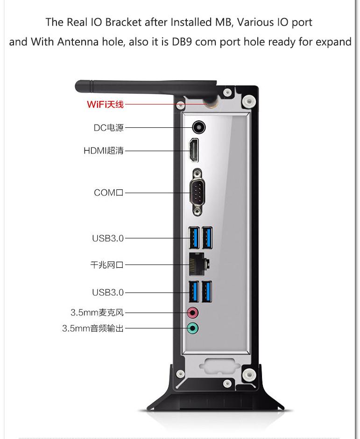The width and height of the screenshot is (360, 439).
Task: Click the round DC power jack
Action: pos(199,128)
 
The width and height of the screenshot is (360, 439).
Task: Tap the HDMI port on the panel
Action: pos(194,150)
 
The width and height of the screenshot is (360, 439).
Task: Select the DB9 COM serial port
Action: pos(198,192)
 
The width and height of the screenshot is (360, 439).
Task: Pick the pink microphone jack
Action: pos(193,313)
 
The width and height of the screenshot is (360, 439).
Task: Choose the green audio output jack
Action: pos(193,328)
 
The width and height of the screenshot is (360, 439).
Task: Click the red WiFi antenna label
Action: pos(106,105)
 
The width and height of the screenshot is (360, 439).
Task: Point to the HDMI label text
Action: pos(104,151)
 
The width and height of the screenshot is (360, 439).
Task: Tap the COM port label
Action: pos(109,193)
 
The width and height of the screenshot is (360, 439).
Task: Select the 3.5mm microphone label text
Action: pos(97,313)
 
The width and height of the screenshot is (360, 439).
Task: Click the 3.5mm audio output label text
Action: pos(93,328)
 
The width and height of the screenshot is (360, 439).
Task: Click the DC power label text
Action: pos(109,128)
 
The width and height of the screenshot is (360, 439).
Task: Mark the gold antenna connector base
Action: pos(212,104)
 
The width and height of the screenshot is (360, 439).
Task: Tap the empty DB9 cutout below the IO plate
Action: pos(220,366)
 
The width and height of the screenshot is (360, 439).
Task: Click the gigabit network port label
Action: pos(107,265)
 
